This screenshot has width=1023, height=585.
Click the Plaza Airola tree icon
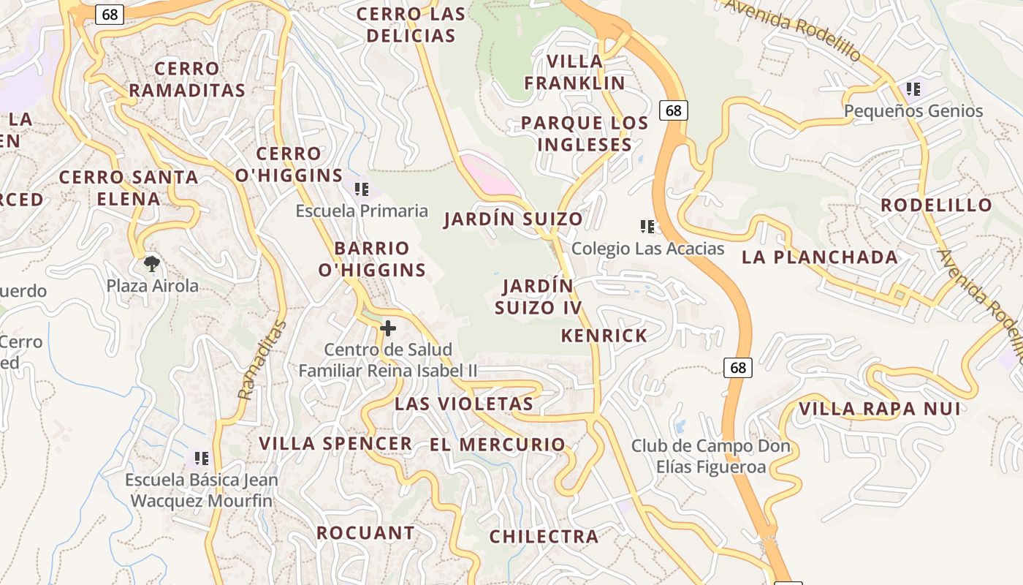click(151, 263)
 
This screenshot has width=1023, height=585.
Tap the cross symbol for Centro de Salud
click(388, 328)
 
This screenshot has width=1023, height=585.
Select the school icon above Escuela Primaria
click(361, 190)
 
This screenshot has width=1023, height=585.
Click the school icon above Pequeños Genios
click(913, 90)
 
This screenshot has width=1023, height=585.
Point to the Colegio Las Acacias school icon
click(646, 227)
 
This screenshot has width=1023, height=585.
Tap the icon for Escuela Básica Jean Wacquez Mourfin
click(201, 458)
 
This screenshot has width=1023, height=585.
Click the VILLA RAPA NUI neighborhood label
click(879, 409)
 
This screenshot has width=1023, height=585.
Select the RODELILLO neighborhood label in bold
click(936, 205)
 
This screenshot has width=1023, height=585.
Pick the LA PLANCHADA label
click(820, 257)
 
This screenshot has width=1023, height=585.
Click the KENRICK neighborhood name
click(604, 336)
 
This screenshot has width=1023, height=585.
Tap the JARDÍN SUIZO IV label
click(539, 296)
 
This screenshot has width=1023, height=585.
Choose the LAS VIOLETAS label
click(464, 404)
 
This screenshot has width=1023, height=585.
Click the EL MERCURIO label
click(497, 445)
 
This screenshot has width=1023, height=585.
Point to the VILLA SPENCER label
click(335, 444)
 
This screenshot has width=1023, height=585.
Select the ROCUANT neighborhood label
click(365, 533)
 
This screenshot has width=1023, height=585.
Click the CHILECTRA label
click(544, 537)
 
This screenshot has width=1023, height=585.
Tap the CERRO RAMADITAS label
click(187, 80)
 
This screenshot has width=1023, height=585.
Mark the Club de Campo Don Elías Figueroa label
click(710, 456)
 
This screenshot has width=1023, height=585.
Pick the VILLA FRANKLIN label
click(574, 72)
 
